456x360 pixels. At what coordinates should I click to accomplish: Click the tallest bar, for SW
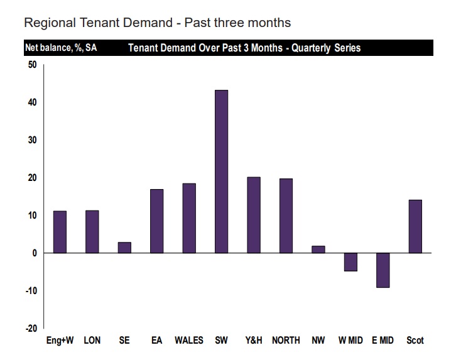[x=221, y=172]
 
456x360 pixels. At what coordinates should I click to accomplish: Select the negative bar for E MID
[x=383, y=270]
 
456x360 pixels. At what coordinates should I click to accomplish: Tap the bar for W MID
[x=350, y=262]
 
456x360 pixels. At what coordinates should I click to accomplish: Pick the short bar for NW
[x=318, y=249]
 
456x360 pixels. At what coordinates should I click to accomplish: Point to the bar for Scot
[x=415, y=226]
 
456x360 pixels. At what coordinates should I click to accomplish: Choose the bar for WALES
[x=189, y=218]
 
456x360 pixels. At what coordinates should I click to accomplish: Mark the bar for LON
[x=92, y=232]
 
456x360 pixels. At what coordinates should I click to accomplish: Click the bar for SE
[x=124, y=248]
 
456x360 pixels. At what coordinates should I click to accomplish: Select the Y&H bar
[x=254, y=215]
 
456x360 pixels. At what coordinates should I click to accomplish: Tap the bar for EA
[x=157, y=221]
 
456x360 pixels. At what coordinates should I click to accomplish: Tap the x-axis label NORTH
[x=286, y=341]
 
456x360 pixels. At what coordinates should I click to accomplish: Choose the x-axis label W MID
[x=350, y=341]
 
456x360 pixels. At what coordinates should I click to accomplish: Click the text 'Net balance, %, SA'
[x=60, y=48]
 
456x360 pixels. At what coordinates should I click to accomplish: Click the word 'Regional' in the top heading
[x=50, y=23]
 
